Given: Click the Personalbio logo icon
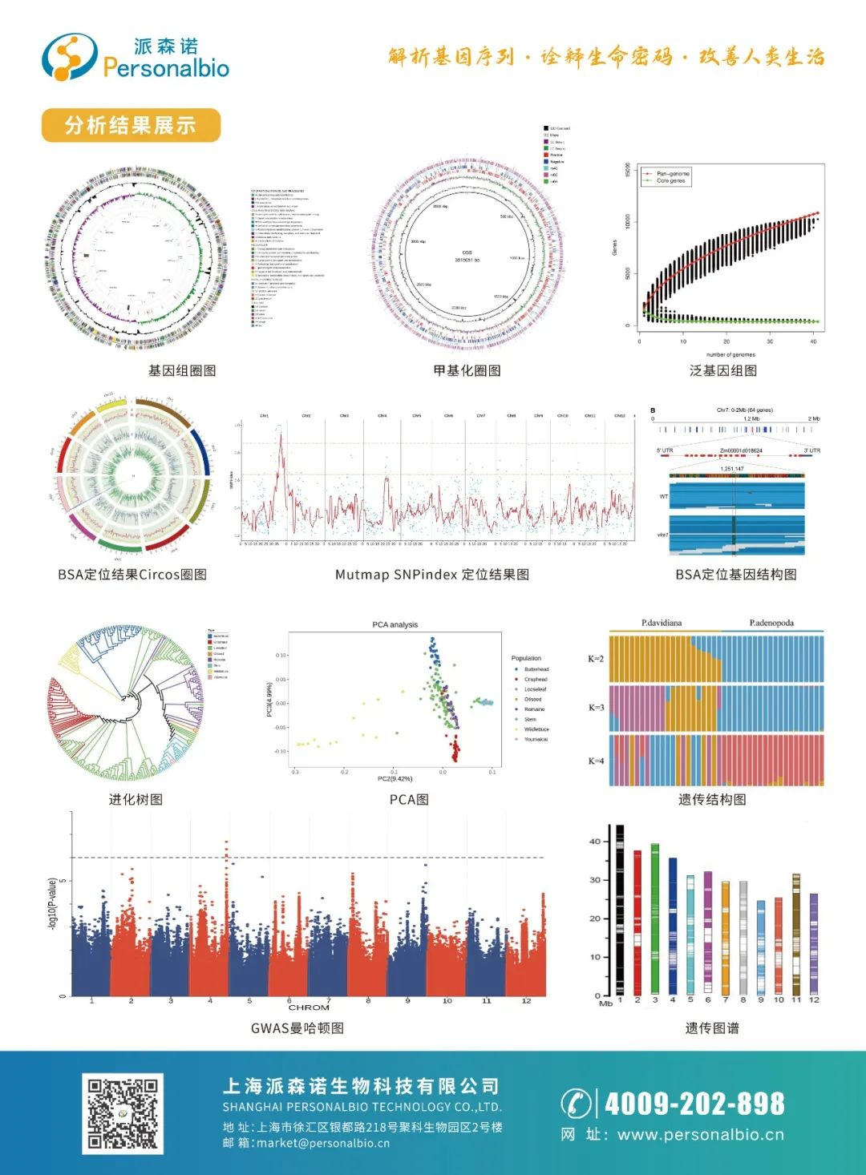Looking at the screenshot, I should coord(69,57).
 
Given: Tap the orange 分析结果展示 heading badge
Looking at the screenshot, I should coord(131,125).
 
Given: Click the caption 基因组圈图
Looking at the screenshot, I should coord(182,370).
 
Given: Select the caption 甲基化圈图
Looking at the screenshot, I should coord(467,370).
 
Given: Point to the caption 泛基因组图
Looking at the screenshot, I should coord(723,370).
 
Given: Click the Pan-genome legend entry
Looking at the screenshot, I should coord(672,173).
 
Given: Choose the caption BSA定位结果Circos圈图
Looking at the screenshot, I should coord(132,574).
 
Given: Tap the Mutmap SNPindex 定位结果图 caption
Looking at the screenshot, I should coord(431,574).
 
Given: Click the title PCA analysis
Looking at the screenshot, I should coord(395,624).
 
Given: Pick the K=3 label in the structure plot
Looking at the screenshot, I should coord(596,708).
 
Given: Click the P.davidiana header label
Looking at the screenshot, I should coord(662,623).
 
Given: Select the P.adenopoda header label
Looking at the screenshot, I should coord(771,623).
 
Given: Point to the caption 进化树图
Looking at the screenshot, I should coord(136,799).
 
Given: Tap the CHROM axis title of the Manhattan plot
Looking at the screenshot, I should coord(309,1007).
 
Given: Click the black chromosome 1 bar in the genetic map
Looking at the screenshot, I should coord(620,910).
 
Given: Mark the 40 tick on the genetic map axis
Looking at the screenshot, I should coord(595,842).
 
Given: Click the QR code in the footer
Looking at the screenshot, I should coord(123,1114).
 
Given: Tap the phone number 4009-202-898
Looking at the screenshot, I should coord(694,1104).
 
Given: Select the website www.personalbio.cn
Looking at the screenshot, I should coord(701,1135).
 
